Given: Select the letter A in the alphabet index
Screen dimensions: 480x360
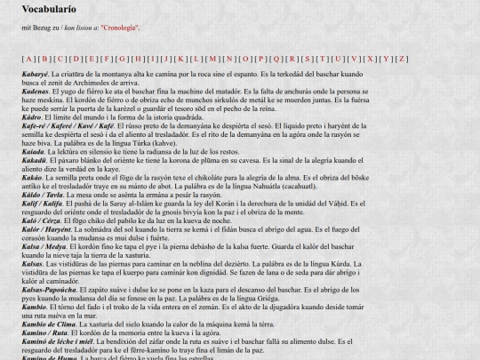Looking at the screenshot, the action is [28, 59].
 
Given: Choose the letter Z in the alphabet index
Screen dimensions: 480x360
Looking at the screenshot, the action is [402, 59].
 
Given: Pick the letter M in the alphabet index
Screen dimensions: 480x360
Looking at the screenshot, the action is [213, 59].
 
